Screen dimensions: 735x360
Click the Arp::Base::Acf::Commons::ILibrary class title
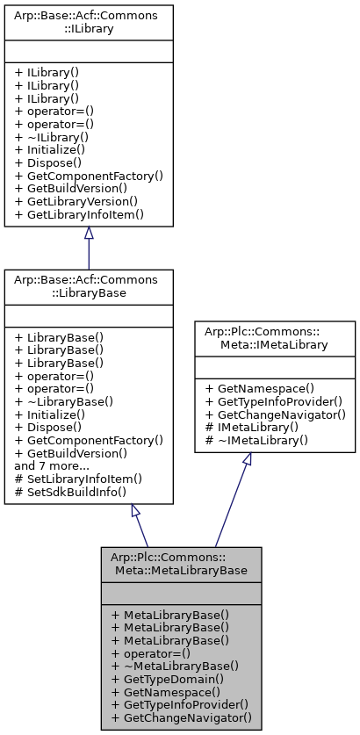pos(89,22)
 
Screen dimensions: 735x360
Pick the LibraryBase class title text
pos(89,285)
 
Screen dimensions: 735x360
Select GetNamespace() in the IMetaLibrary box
pos(261,386)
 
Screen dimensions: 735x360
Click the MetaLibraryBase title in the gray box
pos(180,565)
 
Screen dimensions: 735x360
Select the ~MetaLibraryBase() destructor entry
pos(169,666)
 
